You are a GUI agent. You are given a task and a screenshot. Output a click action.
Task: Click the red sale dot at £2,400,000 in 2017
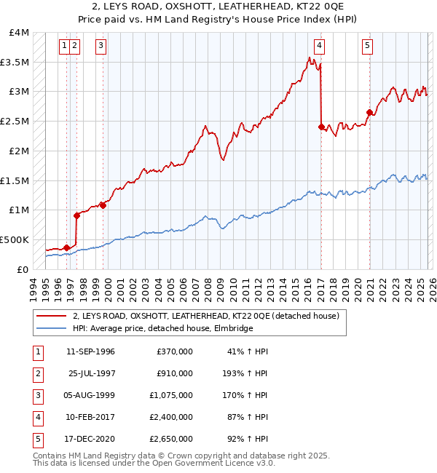(321, 127)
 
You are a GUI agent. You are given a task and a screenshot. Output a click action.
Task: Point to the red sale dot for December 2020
(369, 112)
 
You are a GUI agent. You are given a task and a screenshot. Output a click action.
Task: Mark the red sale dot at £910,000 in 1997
(76, 215)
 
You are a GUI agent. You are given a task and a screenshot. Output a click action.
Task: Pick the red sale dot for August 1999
(103, 205)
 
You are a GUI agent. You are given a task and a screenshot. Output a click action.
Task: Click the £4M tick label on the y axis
(20, 33)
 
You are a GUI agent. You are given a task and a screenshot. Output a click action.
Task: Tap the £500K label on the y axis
(15, 239)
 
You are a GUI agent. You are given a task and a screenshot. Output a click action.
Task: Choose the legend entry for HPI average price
(162, 329)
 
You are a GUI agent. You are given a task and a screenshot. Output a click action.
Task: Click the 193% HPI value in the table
(251, 373)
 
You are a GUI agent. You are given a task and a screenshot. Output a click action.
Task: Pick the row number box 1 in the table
(37, 351)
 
